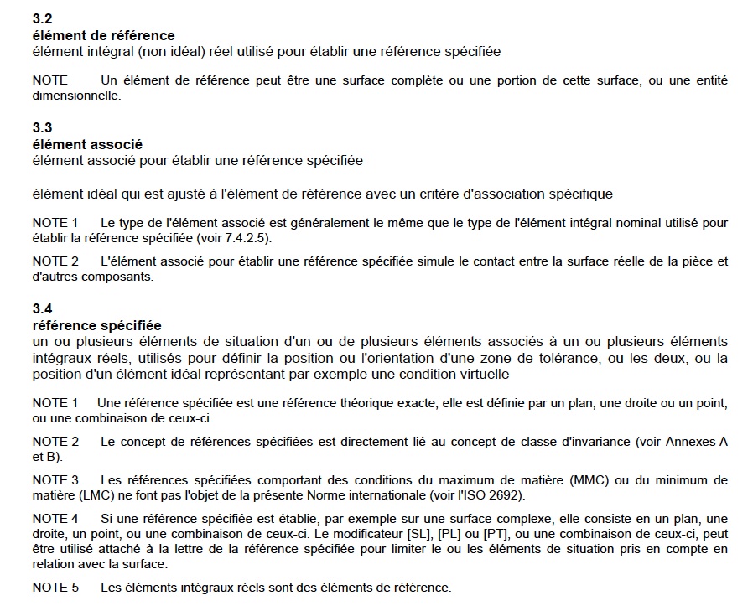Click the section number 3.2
coord(42,18)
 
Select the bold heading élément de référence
coord(103,35)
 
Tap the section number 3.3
coord(42,127)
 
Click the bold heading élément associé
coord(87,144)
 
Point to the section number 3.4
coord(42,308)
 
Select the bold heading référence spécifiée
coord(96,325)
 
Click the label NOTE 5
coord(55,588)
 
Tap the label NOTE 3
coord(55,480)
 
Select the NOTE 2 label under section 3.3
coord(55,261)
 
